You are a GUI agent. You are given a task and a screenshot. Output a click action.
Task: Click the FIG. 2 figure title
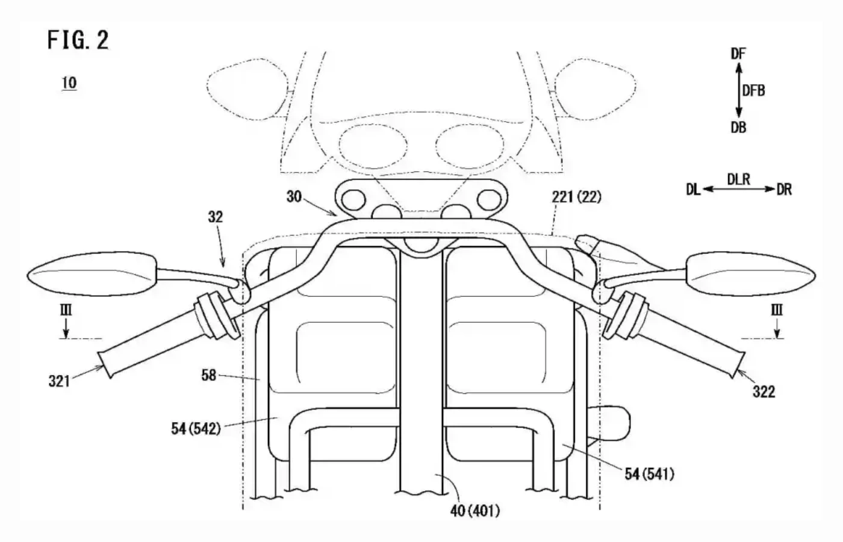78,40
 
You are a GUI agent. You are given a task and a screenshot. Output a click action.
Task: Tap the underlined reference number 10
69,83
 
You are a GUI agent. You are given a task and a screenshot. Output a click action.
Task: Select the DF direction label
738,54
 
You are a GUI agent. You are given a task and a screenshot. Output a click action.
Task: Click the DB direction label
738,127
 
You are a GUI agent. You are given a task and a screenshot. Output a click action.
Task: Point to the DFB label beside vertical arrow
754,90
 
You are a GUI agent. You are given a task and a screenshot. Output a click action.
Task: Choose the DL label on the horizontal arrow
693,190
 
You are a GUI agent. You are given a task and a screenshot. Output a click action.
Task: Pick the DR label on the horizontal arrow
784,190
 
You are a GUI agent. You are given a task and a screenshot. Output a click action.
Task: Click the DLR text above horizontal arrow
738,179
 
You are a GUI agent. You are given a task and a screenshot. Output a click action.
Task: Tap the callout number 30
293,196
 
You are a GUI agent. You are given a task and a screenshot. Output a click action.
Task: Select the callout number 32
215,216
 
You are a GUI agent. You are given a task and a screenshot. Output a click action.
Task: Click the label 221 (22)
576,196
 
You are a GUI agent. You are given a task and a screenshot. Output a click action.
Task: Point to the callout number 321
59,381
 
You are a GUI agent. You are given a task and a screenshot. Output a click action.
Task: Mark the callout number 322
764,392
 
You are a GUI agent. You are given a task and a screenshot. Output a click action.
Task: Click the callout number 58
208,376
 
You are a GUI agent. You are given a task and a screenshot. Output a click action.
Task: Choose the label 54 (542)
196,429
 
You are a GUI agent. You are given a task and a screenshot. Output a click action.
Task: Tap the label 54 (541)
649,474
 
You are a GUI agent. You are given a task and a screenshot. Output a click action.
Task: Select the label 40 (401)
474,511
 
